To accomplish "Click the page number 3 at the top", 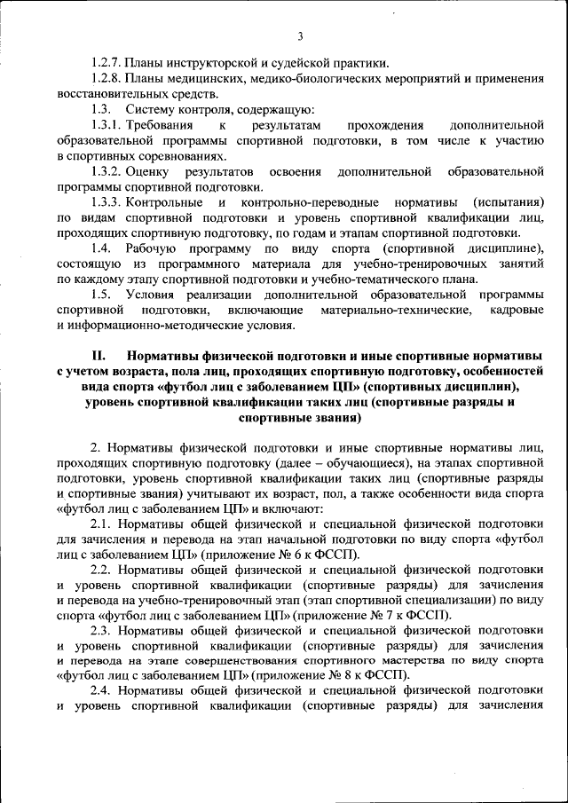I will point(300,36).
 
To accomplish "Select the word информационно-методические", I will point(154,326).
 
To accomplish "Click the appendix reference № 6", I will point(296,555).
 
